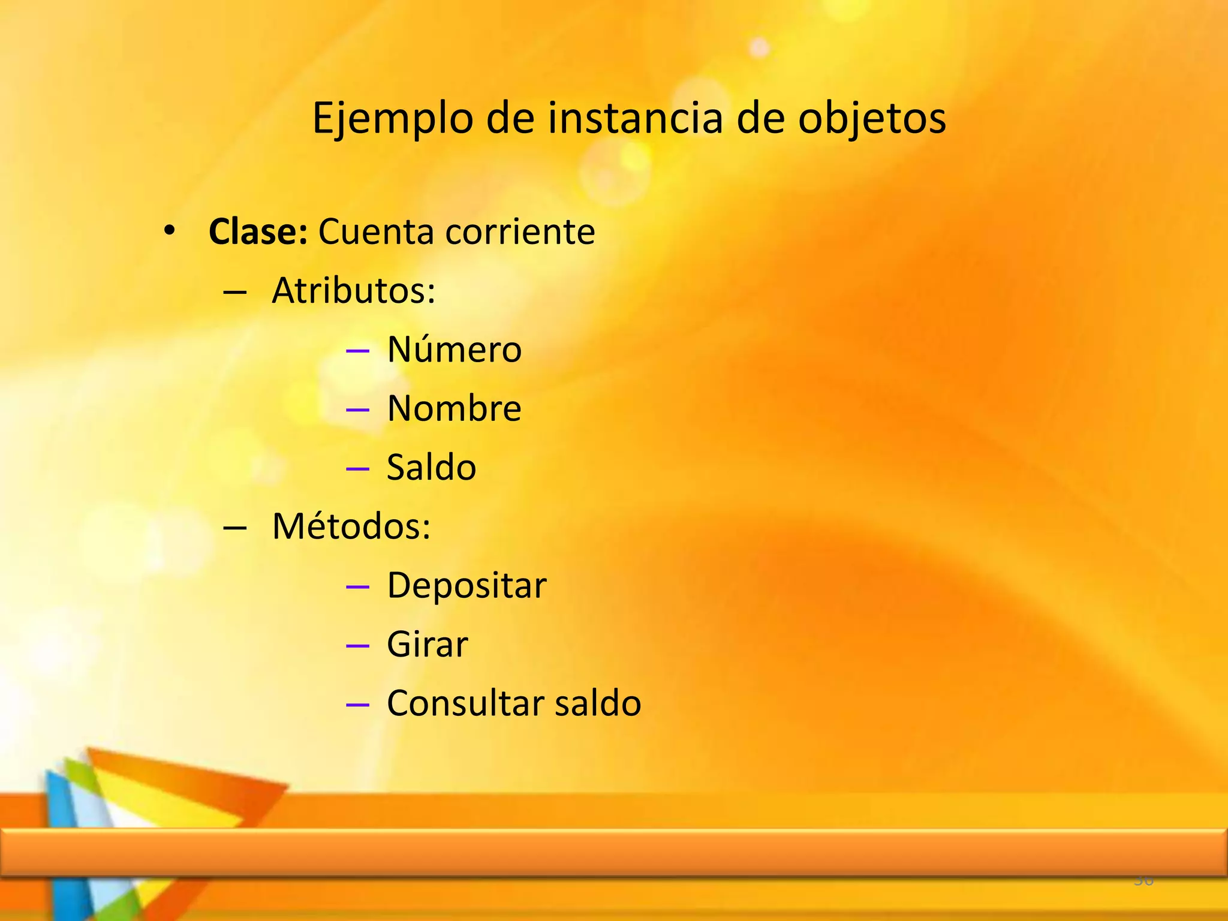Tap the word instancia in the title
pos(635,118)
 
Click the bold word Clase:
pos(258,231)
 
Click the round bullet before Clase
pos(170,231)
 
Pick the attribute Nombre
pos(455,408)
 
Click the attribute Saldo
pos(431,467)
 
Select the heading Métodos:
pos(351,526)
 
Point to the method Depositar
pos(466,585)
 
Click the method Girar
pos(427,645)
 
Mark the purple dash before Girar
pos(357,646)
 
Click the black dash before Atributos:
pos(234,292)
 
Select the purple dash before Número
pos(357,351)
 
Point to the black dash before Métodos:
pos(234,528)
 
